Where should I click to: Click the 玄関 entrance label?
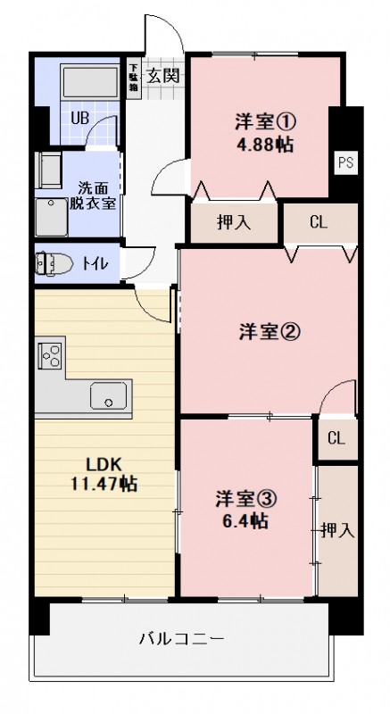pyautogui.click(x=164, y=74)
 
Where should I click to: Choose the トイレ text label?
pyautogui.click(x=95, y=263)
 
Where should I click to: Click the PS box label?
pyautogui.click(x=345, y=162)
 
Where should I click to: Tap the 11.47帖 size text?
pyautogui.click(x=104, y=485)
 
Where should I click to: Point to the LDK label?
pyautogui.click(x=103, y=464)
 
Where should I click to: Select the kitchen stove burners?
pyautogui.click(x=51, y=355)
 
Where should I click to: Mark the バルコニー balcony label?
pyautogui.click(x=181, y=639)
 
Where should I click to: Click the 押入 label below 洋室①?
pyautogui.click(x=233, y=223)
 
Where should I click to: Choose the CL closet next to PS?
pyautogui.click(x=319, y=223)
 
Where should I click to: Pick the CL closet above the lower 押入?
pyautogui.click(x=336, y=438)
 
